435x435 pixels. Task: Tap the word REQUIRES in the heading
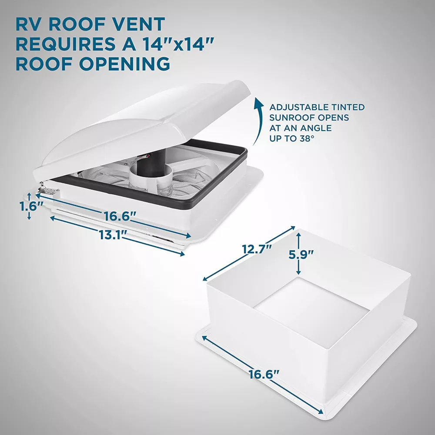(66, 44)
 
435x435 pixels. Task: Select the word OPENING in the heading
(124, 64)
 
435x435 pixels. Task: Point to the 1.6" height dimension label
(31, 206)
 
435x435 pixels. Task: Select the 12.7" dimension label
(256, 249)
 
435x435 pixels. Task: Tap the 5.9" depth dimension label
(301, 254)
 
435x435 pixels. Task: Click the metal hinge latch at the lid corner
(48, 191)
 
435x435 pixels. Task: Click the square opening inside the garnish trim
(311, 311)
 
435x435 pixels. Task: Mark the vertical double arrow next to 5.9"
(298, 253)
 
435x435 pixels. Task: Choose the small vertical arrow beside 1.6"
(29, 206)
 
